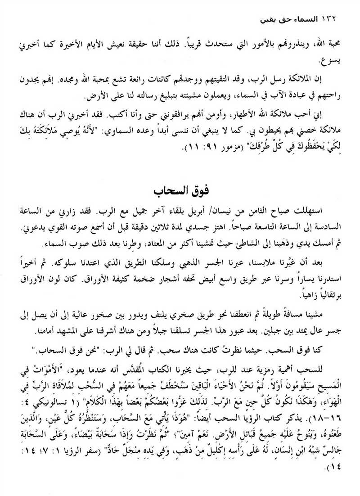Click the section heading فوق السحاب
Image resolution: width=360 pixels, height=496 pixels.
180,190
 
